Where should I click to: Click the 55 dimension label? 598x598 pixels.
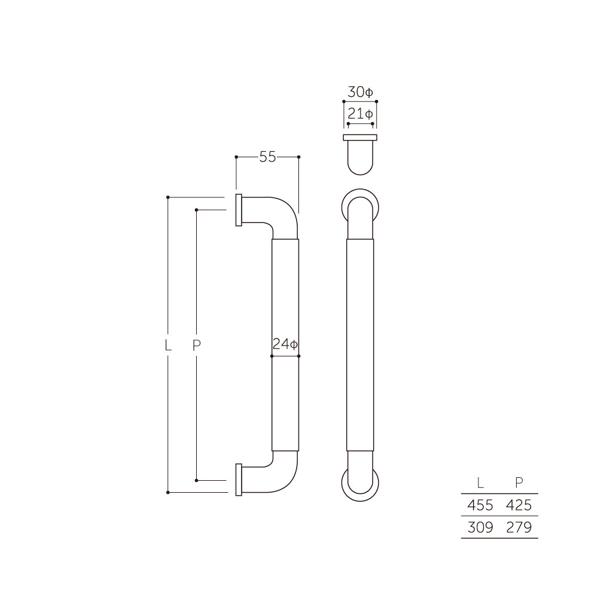tap(267, 157)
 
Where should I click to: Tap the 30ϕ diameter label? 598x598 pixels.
tap(360, 93)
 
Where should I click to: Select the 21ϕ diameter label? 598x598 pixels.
tap(360, 114)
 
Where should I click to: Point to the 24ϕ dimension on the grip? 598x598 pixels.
tap(285, 344)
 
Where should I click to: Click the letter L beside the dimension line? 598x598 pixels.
tap(168, 344)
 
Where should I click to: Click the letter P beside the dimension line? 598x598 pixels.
tap(197, 344)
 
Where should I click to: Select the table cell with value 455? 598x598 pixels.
tap(480, 505)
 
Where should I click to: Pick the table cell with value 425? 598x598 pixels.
tap(518, 505)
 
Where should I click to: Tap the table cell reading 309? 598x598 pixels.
tap(480, 527)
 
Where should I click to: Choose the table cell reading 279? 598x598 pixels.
tap(518, 527)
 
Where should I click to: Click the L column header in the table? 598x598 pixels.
tap(481, 483)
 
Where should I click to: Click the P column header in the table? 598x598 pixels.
tap(518, 483)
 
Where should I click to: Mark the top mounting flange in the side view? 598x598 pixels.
tap(239, 210)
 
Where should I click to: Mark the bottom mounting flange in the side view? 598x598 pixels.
tap(239, 479)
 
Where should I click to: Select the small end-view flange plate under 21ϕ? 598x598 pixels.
tap(360, 138)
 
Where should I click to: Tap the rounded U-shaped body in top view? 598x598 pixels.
tap(360, 158)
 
